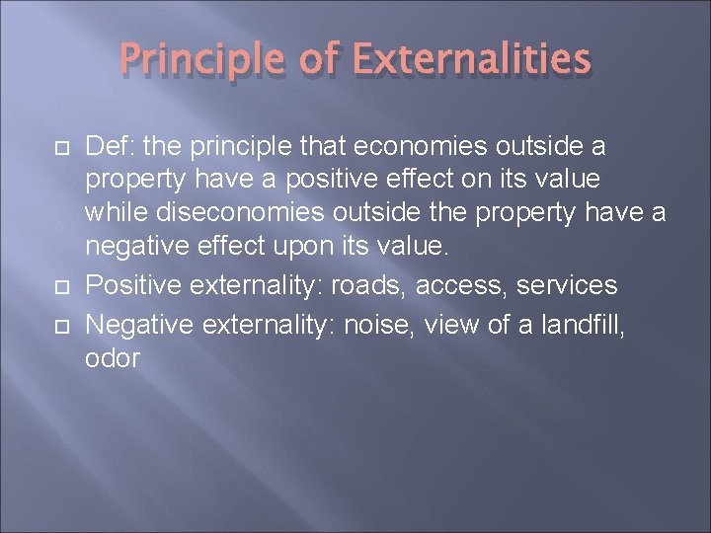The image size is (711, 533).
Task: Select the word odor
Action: click(x=113, y=359)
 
